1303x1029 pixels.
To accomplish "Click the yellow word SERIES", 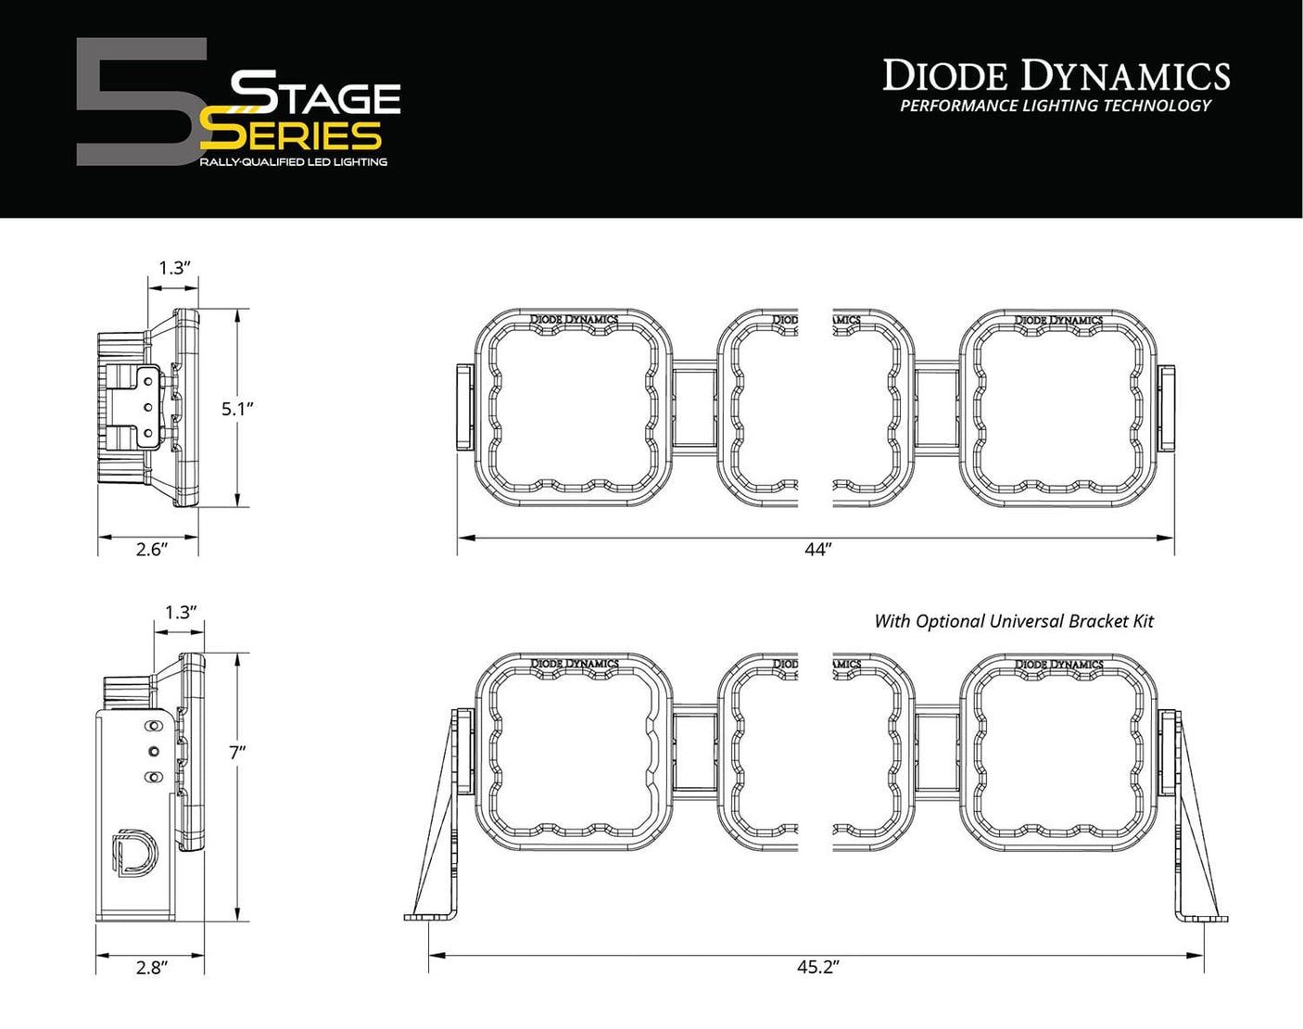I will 293,136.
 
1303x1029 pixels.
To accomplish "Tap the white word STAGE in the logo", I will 315,94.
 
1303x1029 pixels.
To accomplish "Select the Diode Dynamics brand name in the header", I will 1056,75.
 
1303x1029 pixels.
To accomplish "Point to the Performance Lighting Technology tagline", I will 1056,106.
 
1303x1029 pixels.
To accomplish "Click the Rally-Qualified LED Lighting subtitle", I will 293,162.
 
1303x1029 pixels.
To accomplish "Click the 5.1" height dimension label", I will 237,408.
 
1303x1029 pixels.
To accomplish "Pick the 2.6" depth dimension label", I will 150,549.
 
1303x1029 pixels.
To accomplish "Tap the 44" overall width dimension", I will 816,550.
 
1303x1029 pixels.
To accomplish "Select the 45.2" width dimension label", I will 817,967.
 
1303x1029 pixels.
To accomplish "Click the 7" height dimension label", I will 236,753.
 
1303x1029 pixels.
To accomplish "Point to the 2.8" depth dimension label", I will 151,968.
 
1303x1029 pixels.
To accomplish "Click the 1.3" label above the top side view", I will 174,268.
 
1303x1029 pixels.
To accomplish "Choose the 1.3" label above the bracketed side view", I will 181,613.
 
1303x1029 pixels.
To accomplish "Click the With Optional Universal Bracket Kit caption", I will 1014,621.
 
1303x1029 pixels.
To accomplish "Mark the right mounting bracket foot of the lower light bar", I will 1203,917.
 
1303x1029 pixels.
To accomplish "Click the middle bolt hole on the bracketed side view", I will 154,751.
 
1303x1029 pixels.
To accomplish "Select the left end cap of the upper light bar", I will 464,407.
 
